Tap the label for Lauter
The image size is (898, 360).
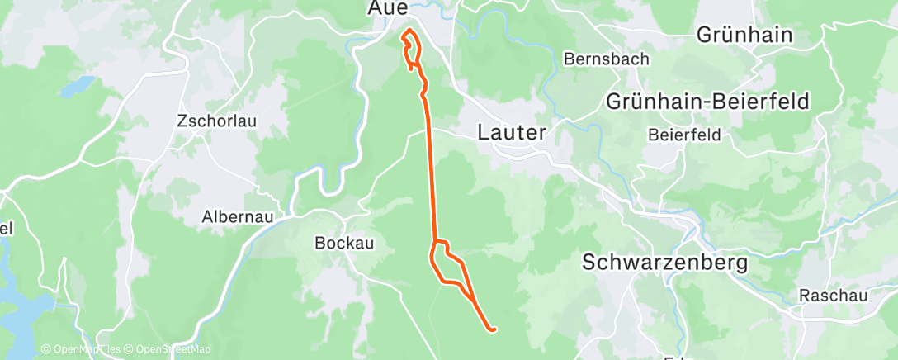(x=512, y=133)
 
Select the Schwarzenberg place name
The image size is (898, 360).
(x=664, y=263)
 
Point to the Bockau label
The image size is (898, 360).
(x=337, y=243)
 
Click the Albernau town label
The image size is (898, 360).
(x=235, y=218)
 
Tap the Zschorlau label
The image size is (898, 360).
(x=217, y=121)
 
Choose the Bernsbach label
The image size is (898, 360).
(x=607, y=59)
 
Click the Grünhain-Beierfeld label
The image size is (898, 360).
(x=708, y=102)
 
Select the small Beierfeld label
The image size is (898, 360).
(x=684, y=134)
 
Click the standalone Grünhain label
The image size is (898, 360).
(x=744, y=35)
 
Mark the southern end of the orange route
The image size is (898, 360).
(x=493, y=330)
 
